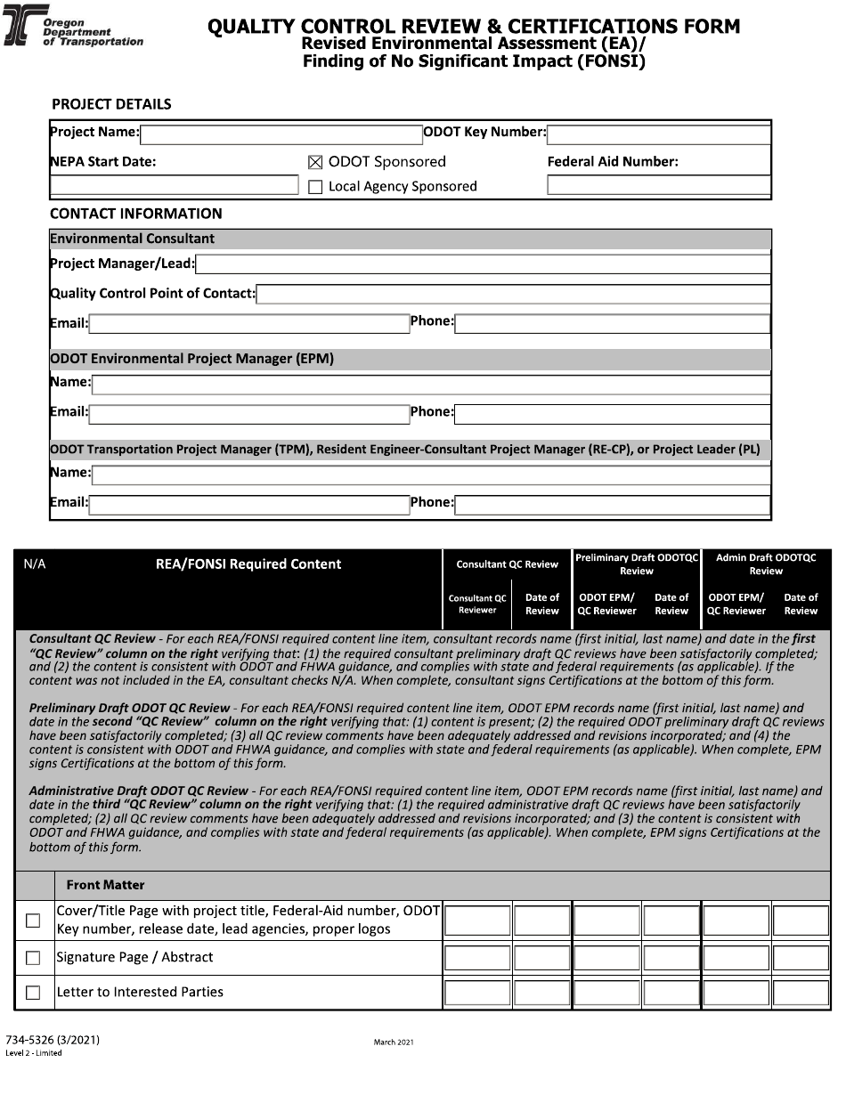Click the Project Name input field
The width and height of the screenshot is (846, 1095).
[x=281, y=134]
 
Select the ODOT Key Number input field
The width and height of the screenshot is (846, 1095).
[x=659, y=134]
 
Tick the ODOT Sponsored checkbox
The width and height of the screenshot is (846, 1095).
[x=315, y=162]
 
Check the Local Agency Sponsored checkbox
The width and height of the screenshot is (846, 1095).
[x=315, y=187]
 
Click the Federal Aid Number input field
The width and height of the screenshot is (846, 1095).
[x=659, y=185]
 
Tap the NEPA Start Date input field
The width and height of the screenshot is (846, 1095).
[x=175, y=185]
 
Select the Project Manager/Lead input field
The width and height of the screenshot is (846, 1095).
[x=483, y=264]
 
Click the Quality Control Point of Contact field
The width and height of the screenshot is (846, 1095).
[x=513, y=294]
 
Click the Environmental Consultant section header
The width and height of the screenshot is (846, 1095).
[x=133, y=239]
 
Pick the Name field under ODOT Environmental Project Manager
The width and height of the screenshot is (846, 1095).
[x=431, y=385]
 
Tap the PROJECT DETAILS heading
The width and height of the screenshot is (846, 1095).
[x=111, y=104]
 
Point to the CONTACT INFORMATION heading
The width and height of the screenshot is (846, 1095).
[x=136, y=214]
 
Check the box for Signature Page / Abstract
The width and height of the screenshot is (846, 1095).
[x=33, y=959]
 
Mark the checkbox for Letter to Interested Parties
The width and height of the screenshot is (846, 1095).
[x=33, y=993]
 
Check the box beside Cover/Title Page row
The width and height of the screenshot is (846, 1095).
[x=33, y=921]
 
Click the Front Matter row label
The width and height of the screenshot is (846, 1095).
[x=105, y=885]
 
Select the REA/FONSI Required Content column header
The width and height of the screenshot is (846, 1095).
[x=248, y=564]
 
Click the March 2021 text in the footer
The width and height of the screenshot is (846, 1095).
[x=393, y=1042]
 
